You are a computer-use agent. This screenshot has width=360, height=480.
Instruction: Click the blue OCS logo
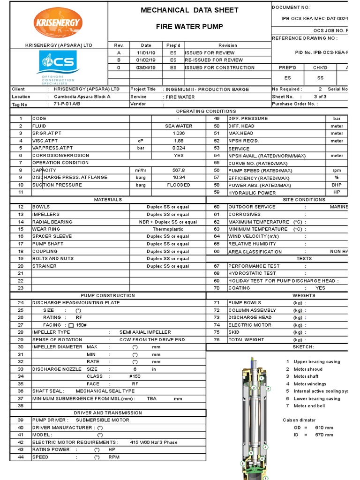pos(59,62)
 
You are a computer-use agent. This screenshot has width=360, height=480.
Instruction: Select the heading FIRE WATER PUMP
pos(189,27)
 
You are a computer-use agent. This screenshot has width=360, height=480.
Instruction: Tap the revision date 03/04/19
pos(146,67)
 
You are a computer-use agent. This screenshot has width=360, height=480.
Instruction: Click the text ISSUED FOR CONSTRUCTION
pos(219,67)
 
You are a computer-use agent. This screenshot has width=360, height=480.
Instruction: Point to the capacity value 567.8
pos(179,170)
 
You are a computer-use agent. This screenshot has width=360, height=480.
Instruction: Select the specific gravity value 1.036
pos(179,134)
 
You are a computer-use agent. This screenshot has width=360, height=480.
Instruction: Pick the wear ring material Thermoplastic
pos(168,229)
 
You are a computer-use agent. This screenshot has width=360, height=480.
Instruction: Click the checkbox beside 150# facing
pos(71,325)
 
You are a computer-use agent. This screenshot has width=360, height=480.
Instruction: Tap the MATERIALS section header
pos(108,200)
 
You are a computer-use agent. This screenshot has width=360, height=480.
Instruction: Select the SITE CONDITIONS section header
pos(304,200)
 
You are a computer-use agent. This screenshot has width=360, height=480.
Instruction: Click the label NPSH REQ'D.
pos(244,141)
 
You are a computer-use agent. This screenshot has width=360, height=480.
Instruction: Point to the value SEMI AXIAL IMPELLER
pos(145,332)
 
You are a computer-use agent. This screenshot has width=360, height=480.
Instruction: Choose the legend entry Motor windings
pos(310,384)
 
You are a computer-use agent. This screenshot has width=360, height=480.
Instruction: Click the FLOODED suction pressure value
pos(179,185)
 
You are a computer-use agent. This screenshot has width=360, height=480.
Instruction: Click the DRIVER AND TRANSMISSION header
pos(108,413)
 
